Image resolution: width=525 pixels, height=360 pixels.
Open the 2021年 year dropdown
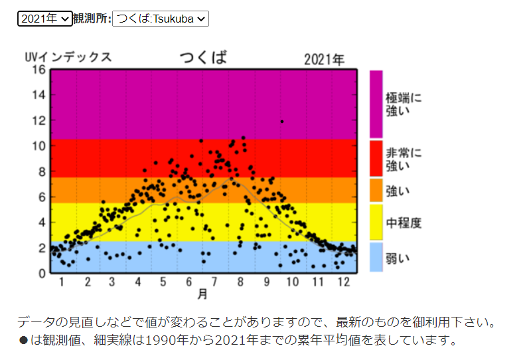45,19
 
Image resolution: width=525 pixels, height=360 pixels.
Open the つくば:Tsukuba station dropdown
161,19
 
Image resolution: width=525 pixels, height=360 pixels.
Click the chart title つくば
204,57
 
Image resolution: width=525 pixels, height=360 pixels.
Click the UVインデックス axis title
68,57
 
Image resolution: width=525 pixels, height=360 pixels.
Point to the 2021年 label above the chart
324,60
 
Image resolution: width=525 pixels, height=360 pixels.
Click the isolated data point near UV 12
282,122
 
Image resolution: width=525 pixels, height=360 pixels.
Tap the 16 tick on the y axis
39,70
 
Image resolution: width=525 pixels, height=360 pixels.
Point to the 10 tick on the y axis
39,146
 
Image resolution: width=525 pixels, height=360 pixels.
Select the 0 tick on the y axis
42,274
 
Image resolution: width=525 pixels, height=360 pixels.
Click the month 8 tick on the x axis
240,282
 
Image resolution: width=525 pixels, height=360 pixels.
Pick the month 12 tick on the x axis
344,282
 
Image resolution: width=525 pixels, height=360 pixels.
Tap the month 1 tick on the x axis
62,282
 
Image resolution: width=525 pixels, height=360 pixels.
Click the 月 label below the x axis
202,294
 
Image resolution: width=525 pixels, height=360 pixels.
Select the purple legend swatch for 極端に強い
376,104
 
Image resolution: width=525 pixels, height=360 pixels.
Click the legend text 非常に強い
404,159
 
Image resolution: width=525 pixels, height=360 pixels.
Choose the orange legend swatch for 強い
376,190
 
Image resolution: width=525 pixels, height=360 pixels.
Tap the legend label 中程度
404,223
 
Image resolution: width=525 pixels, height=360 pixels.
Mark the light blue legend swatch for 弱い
376,257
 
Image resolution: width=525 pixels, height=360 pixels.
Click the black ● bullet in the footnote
23,340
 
